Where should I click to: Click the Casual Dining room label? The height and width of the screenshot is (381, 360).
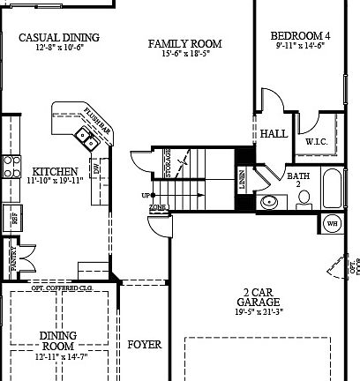coord(58,37)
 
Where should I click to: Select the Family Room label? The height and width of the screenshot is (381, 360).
coord(184,43)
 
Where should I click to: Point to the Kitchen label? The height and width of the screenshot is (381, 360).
coord(55,171)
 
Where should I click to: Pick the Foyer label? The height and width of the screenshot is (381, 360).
coord(145,345)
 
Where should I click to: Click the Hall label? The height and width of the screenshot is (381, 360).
coord(274,134)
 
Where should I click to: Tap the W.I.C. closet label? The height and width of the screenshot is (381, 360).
coord(317,141)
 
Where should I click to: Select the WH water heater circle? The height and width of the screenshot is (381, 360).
coord(333,222)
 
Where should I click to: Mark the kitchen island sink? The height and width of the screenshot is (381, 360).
coord(86,136)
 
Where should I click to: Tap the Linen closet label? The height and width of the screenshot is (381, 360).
coord(243,180)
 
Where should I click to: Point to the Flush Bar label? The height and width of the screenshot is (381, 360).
coord(96,117)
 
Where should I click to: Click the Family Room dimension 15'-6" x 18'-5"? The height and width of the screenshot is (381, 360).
coord(184,55)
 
